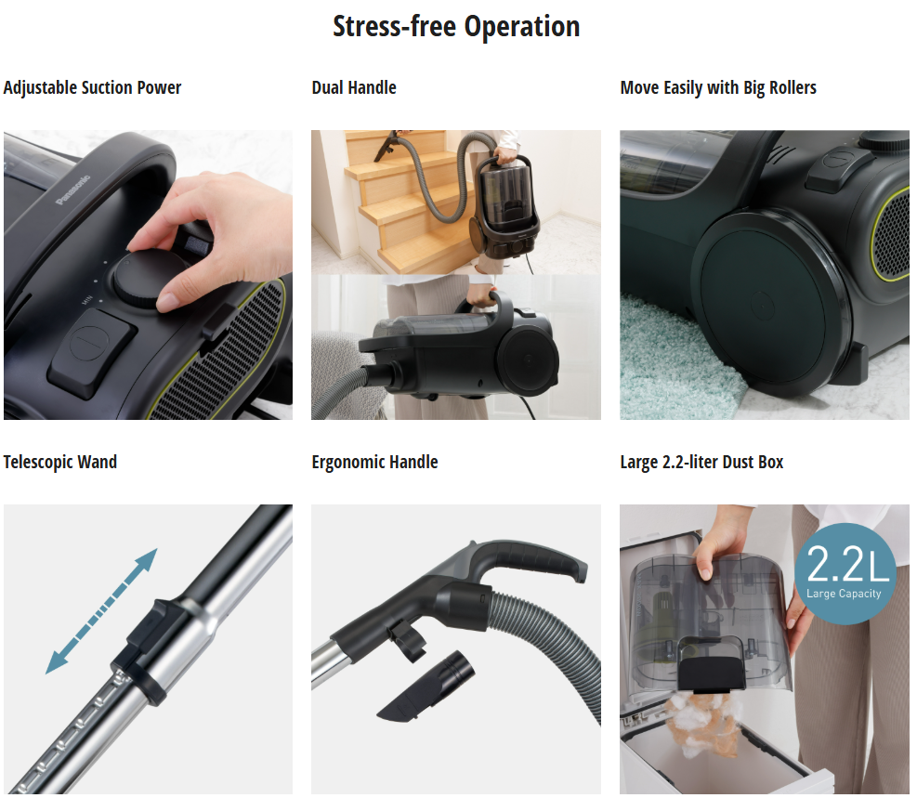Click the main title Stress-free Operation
[x=456, y=27]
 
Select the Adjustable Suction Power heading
[x=92, y=87]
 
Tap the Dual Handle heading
[x=354, y=87]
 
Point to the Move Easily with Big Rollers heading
[x=718, y=87]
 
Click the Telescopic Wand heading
[x=60, y=462]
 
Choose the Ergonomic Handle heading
[x=374, y=462]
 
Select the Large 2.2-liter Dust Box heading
[x=701, y=462]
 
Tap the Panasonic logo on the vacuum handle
[x=73, y=190]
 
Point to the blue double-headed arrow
[x=102, y=611]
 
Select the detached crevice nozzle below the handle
[x=426, y=686]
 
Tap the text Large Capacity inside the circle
[x=844, y=594]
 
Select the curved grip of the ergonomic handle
[x=527, y=559]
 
